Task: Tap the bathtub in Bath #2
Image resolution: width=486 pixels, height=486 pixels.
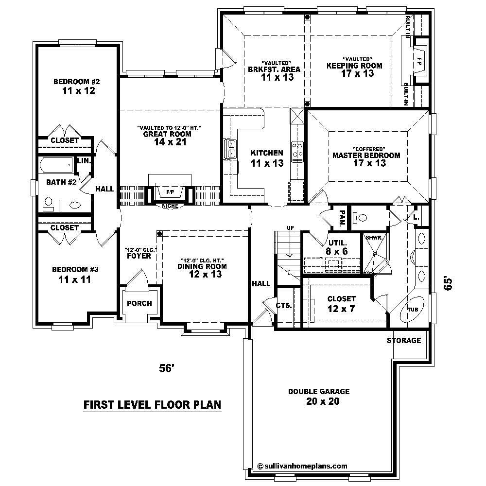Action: (x=56, y=165)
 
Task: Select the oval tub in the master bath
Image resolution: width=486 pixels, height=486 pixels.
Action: (x=413, y=309)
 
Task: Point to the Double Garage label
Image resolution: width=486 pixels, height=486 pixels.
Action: (x=319, y=396)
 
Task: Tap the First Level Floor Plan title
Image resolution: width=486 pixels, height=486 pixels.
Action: (x=152, y=404)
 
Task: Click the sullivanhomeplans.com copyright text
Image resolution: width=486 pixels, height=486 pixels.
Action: (x=302, y=465)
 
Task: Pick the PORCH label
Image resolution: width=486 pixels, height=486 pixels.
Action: (x=139, y=304)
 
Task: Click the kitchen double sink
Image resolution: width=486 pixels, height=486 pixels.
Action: (x=230, y=149)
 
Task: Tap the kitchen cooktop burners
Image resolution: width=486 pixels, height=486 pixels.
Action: (x=297, y=150)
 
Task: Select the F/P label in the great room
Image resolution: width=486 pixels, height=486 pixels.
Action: (x=170, y=192)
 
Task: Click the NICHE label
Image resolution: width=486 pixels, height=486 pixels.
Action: (x=170, y=206)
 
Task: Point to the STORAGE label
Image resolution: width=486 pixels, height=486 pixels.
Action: (x=404, y=340)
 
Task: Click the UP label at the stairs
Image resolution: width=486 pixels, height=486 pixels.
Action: (x=290, y=227)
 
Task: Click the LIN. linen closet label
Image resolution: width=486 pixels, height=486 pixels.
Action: (x=83, y=160)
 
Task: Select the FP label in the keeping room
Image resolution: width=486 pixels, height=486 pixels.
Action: (x=419, y=62)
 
